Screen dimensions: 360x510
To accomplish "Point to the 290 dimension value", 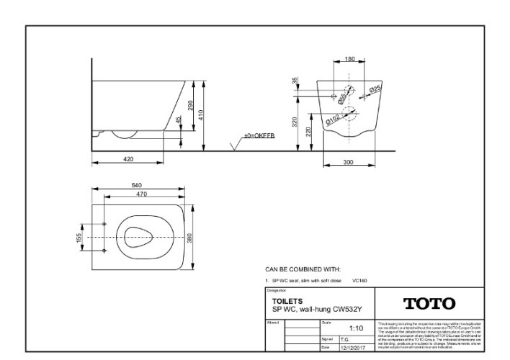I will click(x=190, y=105).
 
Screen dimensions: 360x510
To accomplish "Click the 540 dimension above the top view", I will click(x=136, y=186).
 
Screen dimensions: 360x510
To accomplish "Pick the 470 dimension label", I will click(x=142, y=194).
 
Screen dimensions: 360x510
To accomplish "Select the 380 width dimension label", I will click(x=189, y=237).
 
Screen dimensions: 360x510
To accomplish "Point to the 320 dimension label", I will click(x=295, y=122).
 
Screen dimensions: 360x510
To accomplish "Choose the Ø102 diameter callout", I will click(x=334, y=120).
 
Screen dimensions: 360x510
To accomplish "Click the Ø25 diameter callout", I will click(x=375, y=89).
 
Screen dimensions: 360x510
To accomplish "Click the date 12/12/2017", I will click(x=352, y=348).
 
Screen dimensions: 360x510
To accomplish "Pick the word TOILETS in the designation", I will click(x=287, y=300).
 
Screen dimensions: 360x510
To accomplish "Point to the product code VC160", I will click(x=360, y=280).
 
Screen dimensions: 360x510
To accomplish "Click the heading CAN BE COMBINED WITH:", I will click(x=302, y=268).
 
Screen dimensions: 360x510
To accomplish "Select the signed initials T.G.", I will click(x=346, y=339).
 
